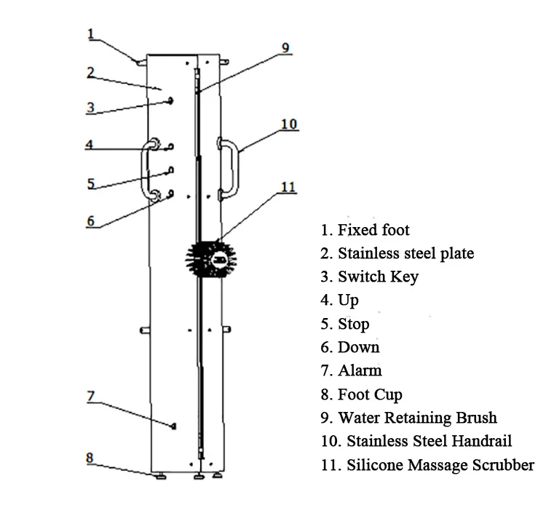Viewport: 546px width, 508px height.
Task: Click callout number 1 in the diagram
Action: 91,33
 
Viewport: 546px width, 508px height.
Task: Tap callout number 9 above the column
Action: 286,49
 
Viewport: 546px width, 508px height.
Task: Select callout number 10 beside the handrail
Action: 289,124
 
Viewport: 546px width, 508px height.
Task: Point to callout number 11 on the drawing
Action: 288,188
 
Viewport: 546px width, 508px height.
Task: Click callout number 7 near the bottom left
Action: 91,397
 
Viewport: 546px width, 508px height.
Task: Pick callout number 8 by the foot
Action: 90,458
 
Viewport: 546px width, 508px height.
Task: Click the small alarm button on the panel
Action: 173,425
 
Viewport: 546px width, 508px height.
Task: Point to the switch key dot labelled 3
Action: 170,100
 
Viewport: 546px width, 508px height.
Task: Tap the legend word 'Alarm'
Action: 360,370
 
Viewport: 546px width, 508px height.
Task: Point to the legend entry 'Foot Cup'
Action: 370,394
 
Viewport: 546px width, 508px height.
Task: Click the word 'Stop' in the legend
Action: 354,324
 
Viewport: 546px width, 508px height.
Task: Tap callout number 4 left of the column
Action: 89,145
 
